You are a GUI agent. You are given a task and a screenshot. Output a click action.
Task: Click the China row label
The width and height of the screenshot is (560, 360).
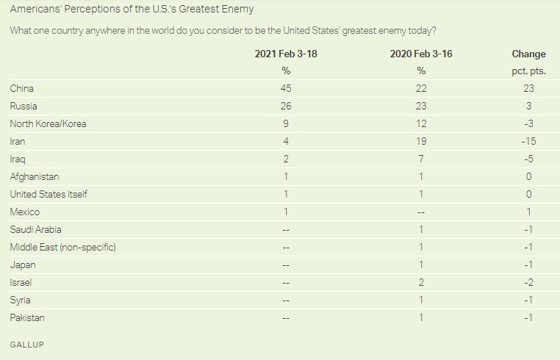pyautogui.click(x=22, y=89)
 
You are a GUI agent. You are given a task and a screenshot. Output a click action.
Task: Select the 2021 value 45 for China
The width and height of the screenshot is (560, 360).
pyautogui.click(x=286, y=89)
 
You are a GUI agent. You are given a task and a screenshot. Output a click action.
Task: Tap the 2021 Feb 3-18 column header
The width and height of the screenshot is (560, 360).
pyautogui.click(x=286, y=54)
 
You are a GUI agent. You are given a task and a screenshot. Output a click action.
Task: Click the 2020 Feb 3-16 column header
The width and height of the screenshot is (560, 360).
pyautogui.click(x=421, y=54)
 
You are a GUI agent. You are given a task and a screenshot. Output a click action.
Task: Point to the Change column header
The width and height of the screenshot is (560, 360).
pyautogui.click(x=528, y=54)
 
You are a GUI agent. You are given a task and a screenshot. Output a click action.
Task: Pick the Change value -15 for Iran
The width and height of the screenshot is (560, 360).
pyautogui.click(x=528, y=141)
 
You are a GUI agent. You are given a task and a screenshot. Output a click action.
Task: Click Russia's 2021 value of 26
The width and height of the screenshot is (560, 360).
pyautogui.click(x=286, y=106)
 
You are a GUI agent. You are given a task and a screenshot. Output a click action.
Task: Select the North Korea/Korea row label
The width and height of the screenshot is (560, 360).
pyautogui.click(x=49, y=124)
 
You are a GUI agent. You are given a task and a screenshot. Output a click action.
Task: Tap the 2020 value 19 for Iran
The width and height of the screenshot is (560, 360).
pyautogui.click(x=421, y=141)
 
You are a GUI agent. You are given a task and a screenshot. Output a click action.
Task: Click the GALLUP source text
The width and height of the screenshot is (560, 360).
pyautogui.click(x=26, y=345)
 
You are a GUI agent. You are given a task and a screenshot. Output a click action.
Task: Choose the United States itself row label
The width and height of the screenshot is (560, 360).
pyautogui.click(x=49, y=194)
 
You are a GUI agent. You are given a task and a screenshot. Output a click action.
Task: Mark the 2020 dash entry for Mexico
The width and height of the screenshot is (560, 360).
pyautogui.click(x=421, y=212)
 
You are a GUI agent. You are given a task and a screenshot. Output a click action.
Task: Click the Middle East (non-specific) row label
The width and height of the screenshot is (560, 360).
pyautogui.click(x=63, y=247)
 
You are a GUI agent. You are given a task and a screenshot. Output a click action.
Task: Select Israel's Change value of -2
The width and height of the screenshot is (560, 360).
pyautogui.click(x=528, y=283)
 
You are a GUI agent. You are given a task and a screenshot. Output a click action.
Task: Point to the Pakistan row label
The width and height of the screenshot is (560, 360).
pyautogui.click(x=27, y=318)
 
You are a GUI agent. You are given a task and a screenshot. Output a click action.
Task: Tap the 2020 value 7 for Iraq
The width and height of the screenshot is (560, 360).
pyautogui.click(x=421, y=159)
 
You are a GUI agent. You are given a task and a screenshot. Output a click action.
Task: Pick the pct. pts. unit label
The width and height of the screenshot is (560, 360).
pyautogui.click(x=528, y=71)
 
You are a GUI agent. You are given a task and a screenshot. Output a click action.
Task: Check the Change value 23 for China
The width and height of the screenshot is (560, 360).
pyautogui.click(x=528, y=89)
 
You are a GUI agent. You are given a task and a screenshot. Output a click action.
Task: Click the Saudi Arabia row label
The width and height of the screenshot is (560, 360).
pyautogui.click(x=36, y=230)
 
